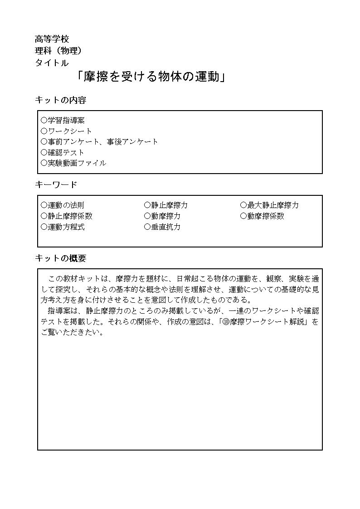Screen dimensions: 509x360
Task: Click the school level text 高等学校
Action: [x=52, y=39]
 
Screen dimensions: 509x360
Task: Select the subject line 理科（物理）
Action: [x=58, y=51]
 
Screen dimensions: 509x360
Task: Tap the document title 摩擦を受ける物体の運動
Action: [x=151, y=77]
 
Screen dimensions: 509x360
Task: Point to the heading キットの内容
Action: [x=60, y=100]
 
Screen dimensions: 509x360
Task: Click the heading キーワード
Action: [x=56, y=185]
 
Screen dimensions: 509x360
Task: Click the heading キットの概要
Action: [x=60, y=258]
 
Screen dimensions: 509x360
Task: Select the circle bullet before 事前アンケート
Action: [x=44, y=142]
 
